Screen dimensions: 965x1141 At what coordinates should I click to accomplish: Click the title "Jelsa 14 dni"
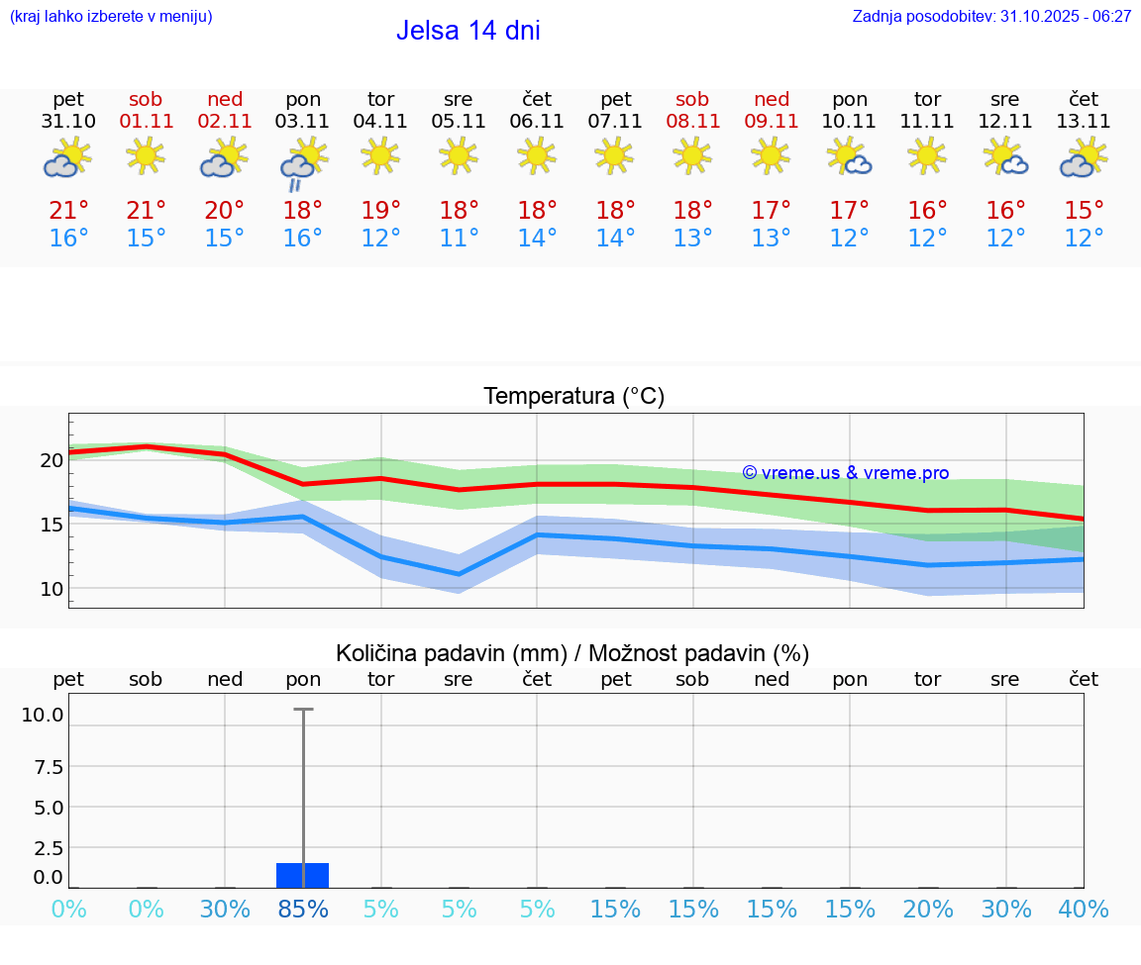[467, 31]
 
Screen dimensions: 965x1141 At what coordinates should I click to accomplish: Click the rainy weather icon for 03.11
[303, 164]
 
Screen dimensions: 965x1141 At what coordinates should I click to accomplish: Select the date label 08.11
[692, 122]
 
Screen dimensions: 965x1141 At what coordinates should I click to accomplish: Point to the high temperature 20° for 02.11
[225, 211]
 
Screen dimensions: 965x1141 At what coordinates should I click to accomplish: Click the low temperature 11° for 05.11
[459, 239]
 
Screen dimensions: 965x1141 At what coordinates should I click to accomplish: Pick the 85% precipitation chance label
[303, 910]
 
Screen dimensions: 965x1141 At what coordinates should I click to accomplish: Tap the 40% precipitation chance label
[1084, 910]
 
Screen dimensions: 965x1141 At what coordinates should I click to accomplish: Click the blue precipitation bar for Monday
[303, 875]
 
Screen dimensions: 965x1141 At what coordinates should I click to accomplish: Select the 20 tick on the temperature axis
[52, 460]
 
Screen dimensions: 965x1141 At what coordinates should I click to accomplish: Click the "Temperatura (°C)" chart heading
[573, 397]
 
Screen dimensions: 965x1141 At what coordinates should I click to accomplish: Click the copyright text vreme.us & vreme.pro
[846, 473]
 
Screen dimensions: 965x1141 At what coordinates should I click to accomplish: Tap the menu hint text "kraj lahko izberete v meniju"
[111, 16]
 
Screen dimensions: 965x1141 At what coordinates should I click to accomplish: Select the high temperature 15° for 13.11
[1084, 211]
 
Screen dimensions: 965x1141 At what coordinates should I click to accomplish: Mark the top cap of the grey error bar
[303, 710]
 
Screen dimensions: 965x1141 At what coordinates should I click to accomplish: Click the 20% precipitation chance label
[928, 910]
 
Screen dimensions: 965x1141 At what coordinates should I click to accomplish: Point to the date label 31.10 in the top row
[68, 122]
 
